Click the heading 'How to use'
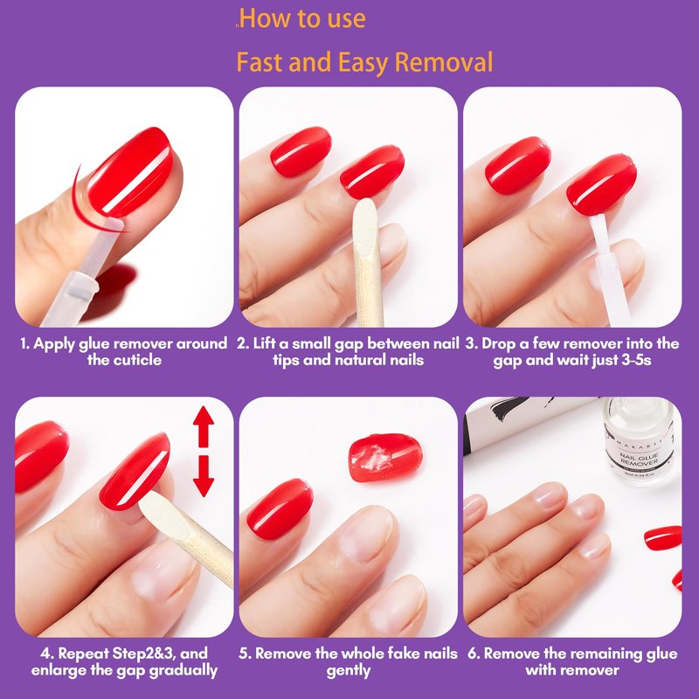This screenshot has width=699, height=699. tap(302, 18)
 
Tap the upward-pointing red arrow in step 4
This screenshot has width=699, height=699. tap(204, 426)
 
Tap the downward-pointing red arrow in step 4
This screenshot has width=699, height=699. tap(204, 475)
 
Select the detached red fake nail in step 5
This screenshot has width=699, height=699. tap(385, 458)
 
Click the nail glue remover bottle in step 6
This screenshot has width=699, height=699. tap(639, 439)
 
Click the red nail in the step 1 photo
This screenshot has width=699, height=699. tap(130, 171)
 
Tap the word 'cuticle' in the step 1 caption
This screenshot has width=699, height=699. tap(124, 360)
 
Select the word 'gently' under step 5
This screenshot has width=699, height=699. tap(348, 670)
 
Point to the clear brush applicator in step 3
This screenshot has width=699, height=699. tap(609, 267)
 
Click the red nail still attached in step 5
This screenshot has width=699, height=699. tap(280, 509)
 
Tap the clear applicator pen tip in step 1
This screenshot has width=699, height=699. tap(114, 225)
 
